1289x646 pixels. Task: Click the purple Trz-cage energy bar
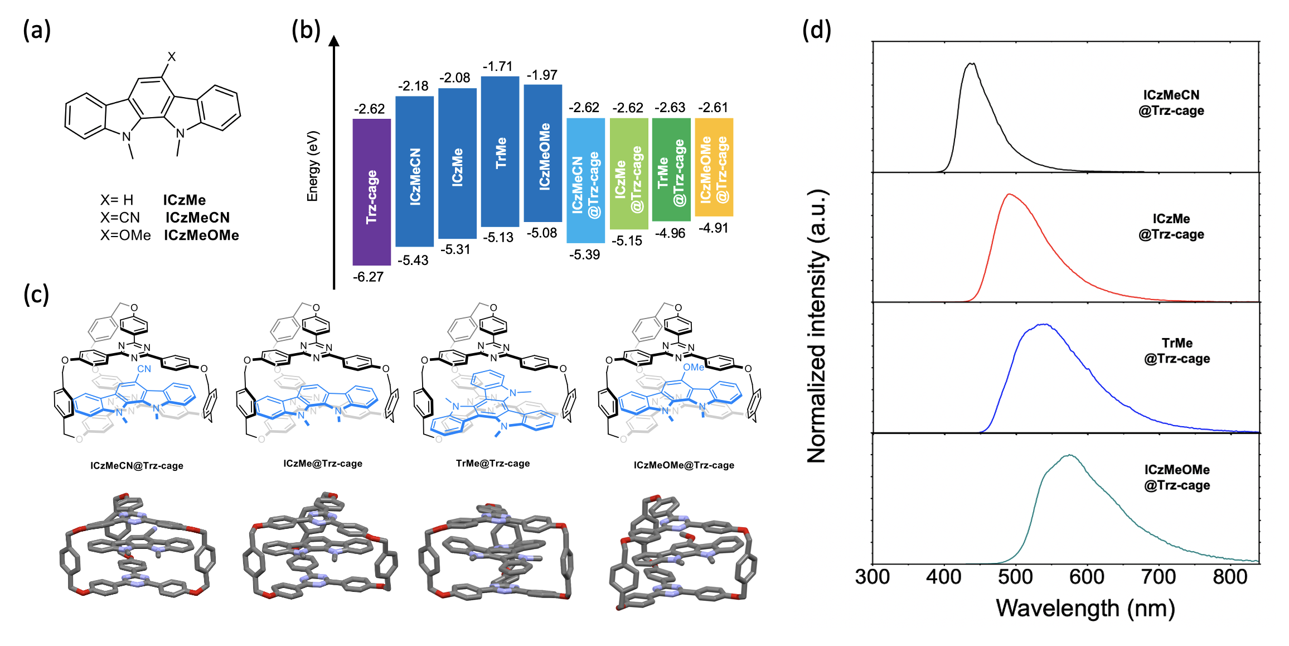coord(371,192)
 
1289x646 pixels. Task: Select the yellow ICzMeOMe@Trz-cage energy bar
coord(714,167)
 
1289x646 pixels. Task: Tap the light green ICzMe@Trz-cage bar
coord(628,173)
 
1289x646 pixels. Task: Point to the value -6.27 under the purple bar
coord(368,277)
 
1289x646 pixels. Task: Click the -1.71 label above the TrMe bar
coord(497,66)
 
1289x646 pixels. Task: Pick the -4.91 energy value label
coord(714,228)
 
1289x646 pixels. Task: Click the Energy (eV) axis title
coord(313,166)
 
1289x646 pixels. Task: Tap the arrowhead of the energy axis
coord(334,41)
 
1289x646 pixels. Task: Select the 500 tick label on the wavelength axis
coord(1015,576)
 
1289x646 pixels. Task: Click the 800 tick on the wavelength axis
coord(1230,576)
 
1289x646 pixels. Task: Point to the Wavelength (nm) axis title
coord(1085,608)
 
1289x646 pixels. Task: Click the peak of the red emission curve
coord(1009,194)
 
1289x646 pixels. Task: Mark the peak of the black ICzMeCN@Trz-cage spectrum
coord(972,64)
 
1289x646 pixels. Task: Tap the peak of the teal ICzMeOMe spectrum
coord(1069,455)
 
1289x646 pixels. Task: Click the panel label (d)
coord(816,30)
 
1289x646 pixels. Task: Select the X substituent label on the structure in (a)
coord(172,56)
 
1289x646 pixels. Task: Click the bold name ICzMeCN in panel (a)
coord(197,218)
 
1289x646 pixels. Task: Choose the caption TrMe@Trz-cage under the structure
coord(493,464)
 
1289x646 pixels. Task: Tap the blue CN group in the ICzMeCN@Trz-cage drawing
coord(144,369)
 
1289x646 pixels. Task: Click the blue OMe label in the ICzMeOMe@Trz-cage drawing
coord(693,367)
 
